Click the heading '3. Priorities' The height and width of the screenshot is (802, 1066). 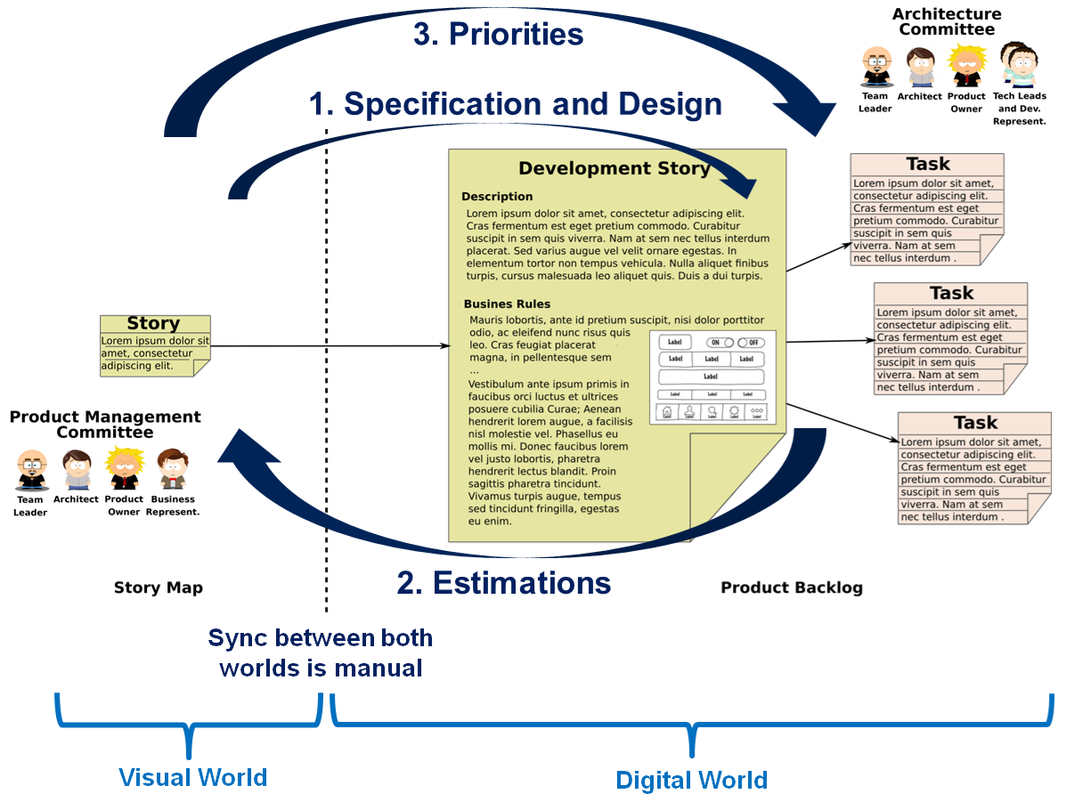point(498,34)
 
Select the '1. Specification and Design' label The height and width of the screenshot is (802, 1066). point(515,104)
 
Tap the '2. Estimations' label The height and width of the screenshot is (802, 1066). point(504,583)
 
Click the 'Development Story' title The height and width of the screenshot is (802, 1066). point(614,168)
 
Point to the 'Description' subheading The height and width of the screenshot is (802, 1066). point(497,197)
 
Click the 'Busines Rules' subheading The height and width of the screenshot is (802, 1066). point(507,304)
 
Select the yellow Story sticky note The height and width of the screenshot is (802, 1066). point(155,345)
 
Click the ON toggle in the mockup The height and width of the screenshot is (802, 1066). point(720,343)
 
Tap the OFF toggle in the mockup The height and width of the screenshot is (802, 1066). point(751,343)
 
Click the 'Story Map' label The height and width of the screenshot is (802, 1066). point(159,587)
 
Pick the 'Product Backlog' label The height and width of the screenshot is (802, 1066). point(792,587)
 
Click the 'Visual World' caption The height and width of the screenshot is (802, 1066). point(193,777)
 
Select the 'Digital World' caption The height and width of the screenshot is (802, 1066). point(691,781)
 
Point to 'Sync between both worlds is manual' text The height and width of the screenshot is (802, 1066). point(321,652)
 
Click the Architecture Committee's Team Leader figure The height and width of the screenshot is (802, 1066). point(876,68)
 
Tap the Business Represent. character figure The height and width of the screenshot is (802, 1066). point(172,469)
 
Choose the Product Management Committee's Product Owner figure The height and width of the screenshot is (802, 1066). point(124,469)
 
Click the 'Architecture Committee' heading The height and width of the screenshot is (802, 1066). point(947,21)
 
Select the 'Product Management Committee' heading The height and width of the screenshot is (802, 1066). point(105,425)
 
